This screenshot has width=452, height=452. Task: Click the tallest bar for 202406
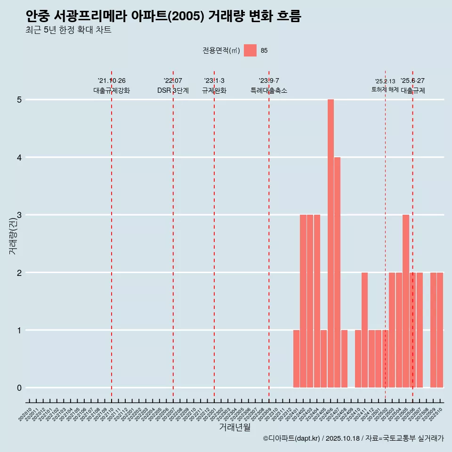click(x=331, y=243)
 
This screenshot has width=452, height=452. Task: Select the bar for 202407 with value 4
click(x=338, y=272)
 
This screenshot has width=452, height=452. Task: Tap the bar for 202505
click(x=406, y=301)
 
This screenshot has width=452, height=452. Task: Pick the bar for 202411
click(x=364, y=330)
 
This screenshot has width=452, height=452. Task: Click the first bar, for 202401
click(x=296, y=359)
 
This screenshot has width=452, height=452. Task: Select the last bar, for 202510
click(x=440, y=330)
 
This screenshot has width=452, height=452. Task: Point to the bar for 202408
click(x=344, y=359)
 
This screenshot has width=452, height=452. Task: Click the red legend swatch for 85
click(x=250, y=51)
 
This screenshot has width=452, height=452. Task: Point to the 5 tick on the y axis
click(x=19, y=100)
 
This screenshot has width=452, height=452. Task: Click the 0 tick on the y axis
click(x=19, y=388)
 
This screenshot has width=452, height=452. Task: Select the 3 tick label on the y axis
click(x=19, y=215)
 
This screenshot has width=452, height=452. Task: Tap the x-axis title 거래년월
click(x=234, y=428)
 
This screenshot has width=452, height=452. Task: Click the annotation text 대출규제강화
click(x=112, y=91)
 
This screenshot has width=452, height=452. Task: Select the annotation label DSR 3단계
click(x=173, y=91)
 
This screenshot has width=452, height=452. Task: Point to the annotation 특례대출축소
click(x=269, y=91)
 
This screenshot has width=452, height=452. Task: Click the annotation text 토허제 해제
click(x=385, y=89)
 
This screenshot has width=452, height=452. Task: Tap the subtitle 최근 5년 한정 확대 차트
click(x=69, y=31)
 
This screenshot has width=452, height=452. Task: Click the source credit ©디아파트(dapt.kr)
click(x=292, y=438)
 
